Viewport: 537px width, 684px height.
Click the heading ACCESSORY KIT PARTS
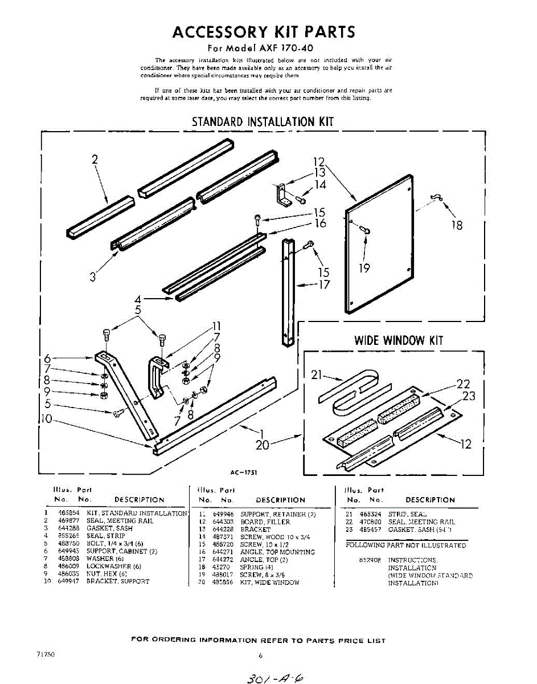(x=264, y=32)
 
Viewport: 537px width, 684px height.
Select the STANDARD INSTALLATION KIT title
(x=263, y=121)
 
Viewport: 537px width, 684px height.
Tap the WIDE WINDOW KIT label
(x=398, y=341)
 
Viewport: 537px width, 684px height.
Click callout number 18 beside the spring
(x=457, y=225)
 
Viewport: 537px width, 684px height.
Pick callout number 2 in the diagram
(x=95, y=160)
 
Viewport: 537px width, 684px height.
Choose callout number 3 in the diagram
(x=93, y=278)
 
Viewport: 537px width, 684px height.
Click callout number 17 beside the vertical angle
(x=323, y=284)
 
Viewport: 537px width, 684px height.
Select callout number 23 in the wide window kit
(x=468, y=396)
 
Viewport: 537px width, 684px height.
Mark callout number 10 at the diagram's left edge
(x=46, y=421)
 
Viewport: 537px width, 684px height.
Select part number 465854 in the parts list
(x=67, y=514)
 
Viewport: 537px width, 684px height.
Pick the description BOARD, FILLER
(x=265, y=522)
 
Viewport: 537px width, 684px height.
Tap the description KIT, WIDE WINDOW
(x=269, y=583)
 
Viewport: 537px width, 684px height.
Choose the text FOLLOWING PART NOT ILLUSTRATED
(x=405, y=545)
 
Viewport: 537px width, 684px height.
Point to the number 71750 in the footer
(x=45, y=654)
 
